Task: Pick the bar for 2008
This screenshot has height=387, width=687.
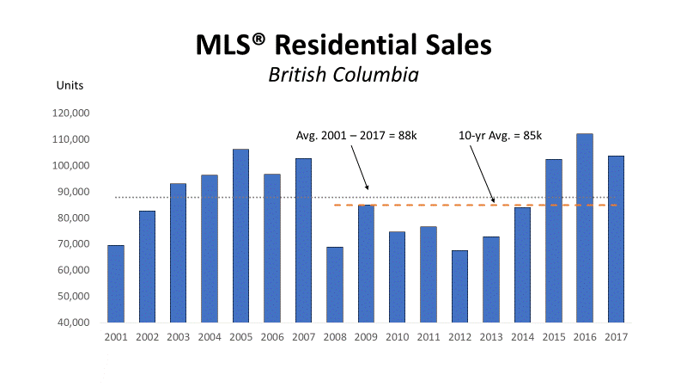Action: (x=335, y=285)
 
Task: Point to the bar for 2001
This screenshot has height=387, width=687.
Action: (x=116, y=284)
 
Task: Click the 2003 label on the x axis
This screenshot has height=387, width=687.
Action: (x=179, y=337)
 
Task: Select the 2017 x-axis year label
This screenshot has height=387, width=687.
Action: (x=615, y=337)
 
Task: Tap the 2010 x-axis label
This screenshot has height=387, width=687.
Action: (x=397, y=337)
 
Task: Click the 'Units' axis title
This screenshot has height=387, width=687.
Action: (x=70, y=85)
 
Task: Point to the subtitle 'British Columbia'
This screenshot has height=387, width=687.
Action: (x=343, y=75)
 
